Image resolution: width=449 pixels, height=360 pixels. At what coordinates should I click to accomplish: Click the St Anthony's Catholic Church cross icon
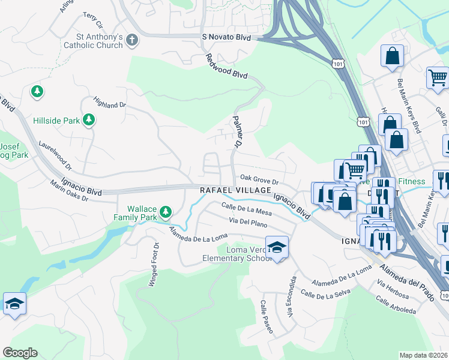click(x=132, y=41)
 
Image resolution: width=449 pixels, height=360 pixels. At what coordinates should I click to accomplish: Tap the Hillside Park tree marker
click(x=89, y=120)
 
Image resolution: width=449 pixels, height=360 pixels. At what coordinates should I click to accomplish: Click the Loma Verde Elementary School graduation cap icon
click(x=277, y=247)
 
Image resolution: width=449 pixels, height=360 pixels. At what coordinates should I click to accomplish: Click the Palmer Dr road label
click(x=237, y=133)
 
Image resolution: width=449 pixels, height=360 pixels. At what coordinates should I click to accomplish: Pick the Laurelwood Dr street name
click(x=55, y=154)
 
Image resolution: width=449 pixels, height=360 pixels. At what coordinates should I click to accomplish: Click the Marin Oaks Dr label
click(x=69, y=191)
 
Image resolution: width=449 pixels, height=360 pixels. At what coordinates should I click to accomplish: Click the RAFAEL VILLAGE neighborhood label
click(x=236, y=190)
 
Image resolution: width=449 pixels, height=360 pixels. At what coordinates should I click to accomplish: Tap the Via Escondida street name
click(x=291, y=296)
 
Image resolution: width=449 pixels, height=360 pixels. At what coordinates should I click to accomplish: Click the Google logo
click(x=20, y=353)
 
